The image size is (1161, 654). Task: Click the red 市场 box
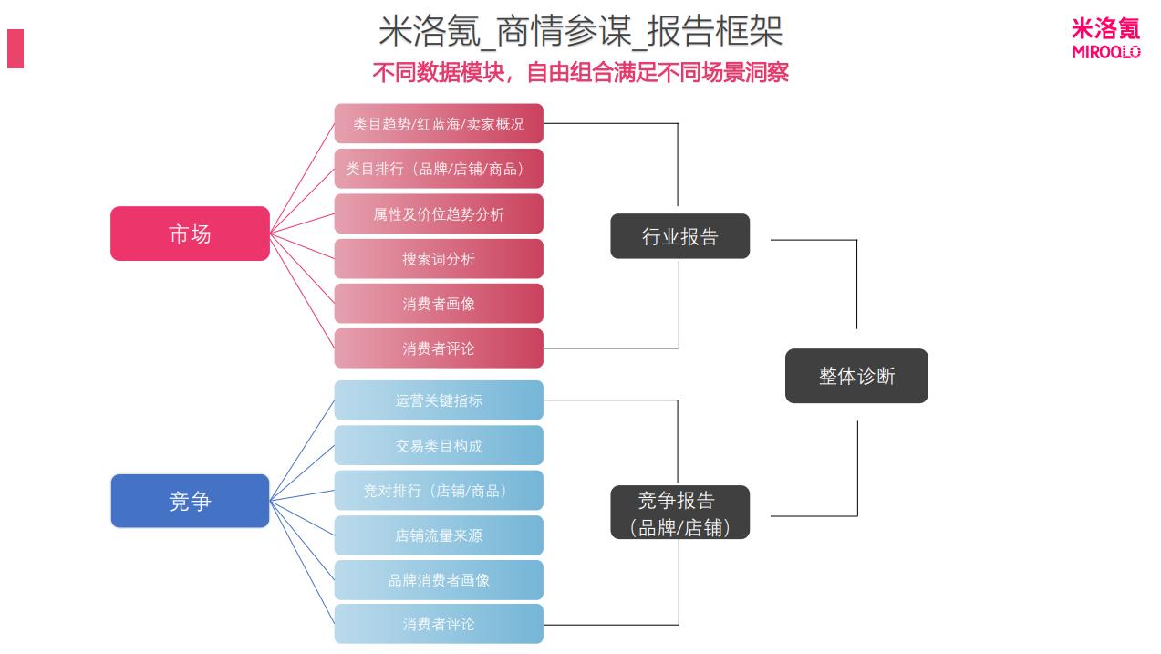[x=190, y=234]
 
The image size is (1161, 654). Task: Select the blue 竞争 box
[x=190, y=501]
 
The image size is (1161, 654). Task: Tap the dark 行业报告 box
[x=679, y=236]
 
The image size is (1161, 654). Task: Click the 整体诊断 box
[x=856, y=376]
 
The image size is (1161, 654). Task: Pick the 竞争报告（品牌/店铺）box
[x=679, y=513]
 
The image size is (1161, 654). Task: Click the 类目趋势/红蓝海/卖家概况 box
[x=439, y=124]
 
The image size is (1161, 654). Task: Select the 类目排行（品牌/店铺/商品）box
[x=439, y=169]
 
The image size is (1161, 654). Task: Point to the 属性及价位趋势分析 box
[x=439, y=214]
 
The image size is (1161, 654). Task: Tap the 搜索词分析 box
[x=439, y=259]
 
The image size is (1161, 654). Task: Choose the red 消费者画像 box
[x=439, y=304]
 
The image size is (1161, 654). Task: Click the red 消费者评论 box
[x=439, y=348]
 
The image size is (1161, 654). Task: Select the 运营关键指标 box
[x=439, y=400]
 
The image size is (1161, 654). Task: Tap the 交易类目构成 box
[x=439, y=446]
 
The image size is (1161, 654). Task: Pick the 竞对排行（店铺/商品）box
[x=439, y=491]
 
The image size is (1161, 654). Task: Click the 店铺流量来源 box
[x=439, y=535]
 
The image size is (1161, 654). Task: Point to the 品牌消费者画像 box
[x=439, y=580]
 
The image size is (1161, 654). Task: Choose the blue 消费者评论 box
[x=439, y=624]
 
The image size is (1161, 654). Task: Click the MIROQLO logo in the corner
[x=1105, y=39]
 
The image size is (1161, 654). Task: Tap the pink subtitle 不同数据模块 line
[x=580, y=72]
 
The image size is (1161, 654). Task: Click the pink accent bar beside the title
[x=16, y=48]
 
